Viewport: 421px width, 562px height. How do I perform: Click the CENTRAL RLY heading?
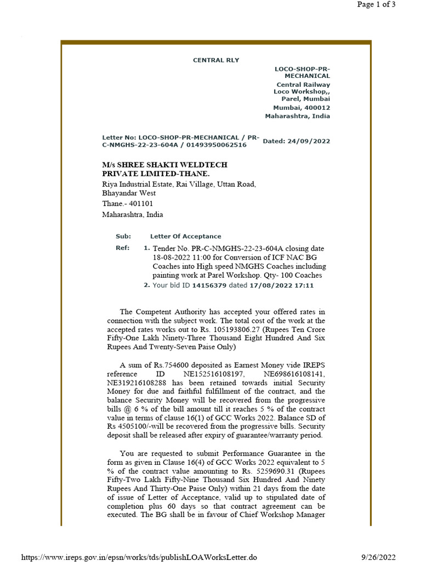pyautogui.click(x=216, y=60)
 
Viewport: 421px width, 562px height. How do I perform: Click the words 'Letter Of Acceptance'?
pyautogui.click(x=185, y=236)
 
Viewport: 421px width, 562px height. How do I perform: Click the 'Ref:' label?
pyautogui.click(x=122, y=248)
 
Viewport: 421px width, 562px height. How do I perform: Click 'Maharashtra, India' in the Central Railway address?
pyautogui.click(x=298, y=116)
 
